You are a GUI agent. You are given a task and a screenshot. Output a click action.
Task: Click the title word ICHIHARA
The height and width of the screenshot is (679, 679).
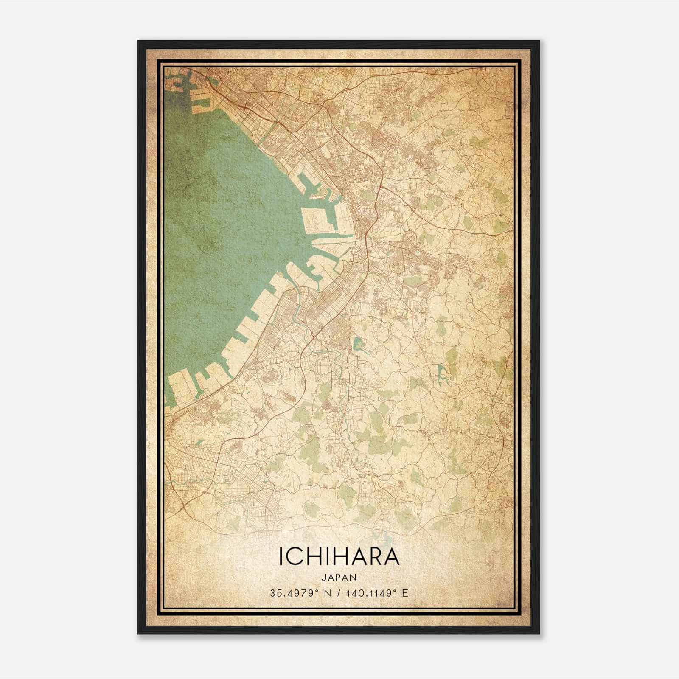pyautogui.click(x=339, y=556)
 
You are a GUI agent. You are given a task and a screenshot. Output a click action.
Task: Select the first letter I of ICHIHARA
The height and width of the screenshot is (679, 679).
pyautogui.click(x=281, y=556)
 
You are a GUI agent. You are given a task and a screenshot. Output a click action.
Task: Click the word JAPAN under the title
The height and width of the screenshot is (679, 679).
pyautogui.click(x=339, y=577)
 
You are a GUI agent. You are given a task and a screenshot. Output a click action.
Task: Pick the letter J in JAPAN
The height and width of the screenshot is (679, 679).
pyautogui.click(x=323, y=577)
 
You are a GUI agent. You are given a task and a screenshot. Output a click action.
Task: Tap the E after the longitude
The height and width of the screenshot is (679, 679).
pyautogui.click(x=405, y=593)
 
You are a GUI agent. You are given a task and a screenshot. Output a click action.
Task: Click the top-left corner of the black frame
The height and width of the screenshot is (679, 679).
pyautogui.click(x=138, y=41)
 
